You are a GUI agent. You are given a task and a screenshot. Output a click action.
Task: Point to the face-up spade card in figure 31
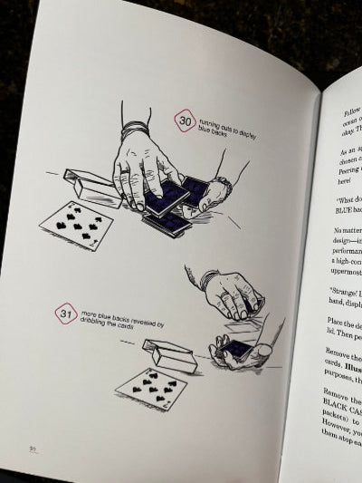click(x=150, y=388)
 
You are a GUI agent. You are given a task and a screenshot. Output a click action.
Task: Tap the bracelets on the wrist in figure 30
click(x=133, y=131)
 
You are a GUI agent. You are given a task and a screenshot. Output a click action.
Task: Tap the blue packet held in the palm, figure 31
click(x=237, y=349)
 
